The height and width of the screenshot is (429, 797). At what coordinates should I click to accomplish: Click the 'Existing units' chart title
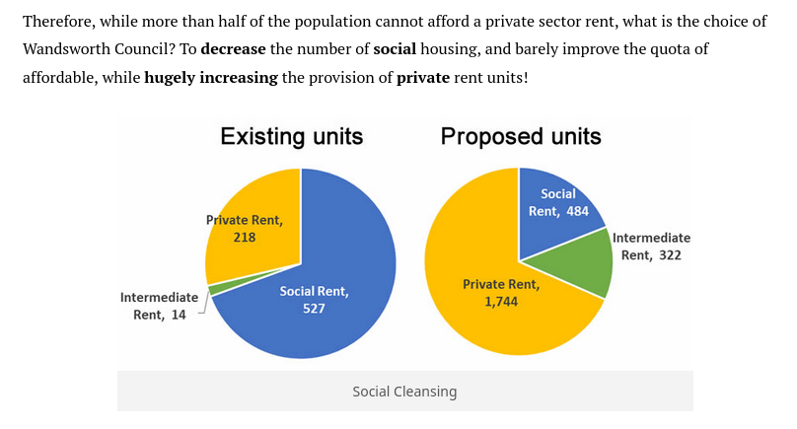coord(291,136)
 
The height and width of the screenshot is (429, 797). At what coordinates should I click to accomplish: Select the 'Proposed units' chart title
coord(521,136)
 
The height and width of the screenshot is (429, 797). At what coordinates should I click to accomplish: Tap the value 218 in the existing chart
coord(245,238)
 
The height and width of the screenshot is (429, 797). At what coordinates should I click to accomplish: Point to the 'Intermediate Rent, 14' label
coord(159,306)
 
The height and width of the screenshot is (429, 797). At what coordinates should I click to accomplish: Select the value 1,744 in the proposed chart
coord(501,302)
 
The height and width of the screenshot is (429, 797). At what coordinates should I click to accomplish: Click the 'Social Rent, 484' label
coord(557,202)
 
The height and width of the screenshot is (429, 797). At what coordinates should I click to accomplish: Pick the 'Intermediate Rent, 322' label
coord(651,247)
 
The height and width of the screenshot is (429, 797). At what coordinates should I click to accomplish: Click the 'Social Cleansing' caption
coord(404,392)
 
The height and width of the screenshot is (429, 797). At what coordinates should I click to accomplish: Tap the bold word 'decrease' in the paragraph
coord(235,48)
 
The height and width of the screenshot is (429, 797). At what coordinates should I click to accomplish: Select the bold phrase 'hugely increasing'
coord(211,77)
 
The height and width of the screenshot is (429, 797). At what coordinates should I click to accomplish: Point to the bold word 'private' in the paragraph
coord(423,77)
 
